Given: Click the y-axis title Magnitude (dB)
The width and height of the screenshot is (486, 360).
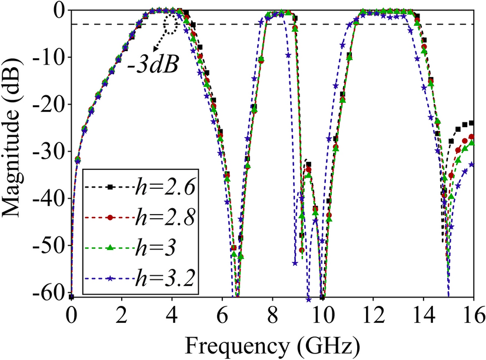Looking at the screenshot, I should coord(13,152).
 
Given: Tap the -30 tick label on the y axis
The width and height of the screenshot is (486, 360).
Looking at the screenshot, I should coord(50,151).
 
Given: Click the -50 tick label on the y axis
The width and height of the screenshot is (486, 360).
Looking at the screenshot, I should coord(50,245).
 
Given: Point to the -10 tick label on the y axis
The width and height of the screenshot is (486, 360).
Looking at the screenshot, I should coord(50,57).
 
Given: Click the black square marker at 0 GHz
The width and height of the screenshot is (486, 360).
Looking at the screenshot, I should coord(71,297).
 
